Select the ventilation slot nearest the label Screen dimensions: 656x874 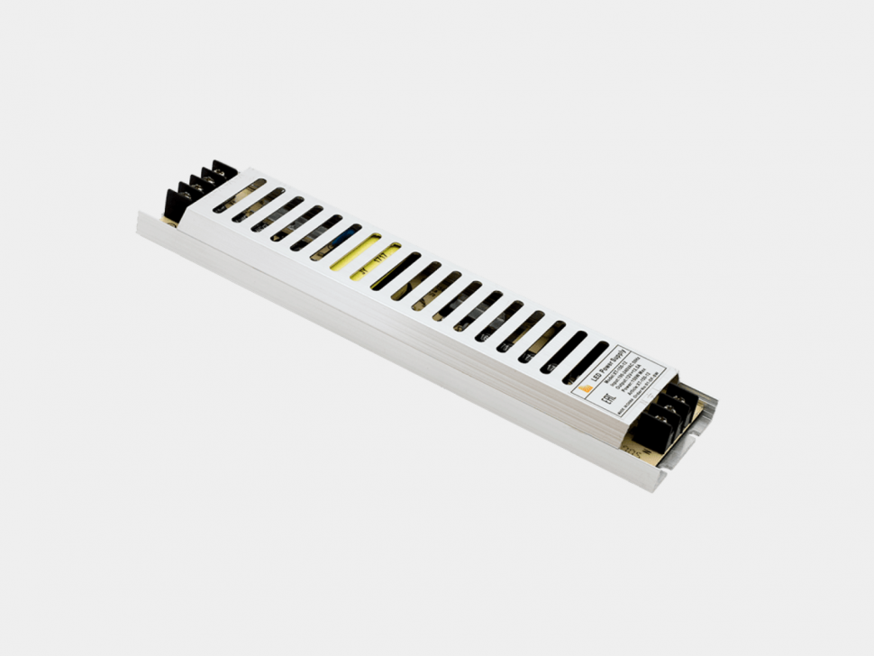pyautogui.click(x=586, y=360)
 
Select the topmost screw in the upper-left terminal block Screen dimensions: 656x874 pyautogui.click(x=219, y=169)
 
